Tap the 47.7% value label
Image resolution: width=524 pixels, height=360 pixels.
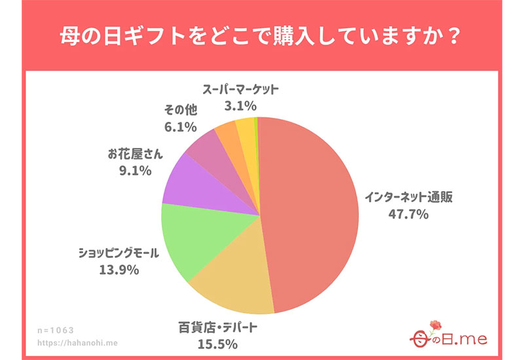click(406, 213)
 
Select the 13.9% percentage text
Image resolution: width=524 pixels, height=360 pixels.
click(118, 270)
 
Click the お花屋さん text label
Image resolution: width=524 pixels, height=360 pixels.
click(136, 156)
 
